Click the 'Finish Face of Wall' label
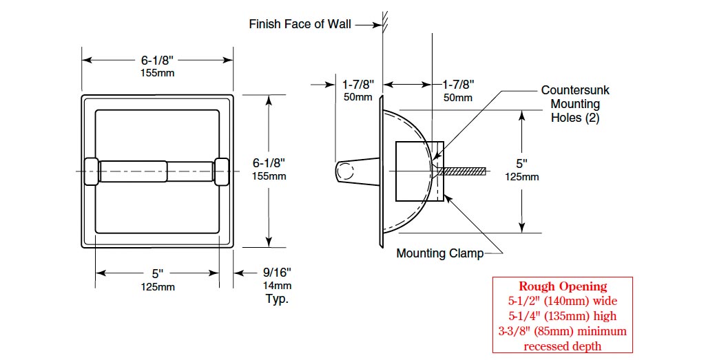point(300,24)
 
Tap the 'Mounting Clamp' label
point(439,253)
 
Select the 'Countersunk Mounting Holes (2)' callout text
point(574,104)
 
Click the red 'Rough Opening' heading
point(563,286)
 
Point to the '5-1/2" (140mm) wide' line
point(563,301)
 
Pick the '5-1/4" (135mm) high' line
point(563,316)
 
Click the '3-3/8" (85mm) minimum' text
point(563,331)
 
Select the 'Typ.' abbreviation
point(277,299)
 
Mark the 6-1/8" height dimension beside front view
point(269,163)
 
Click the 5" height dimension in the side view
point(521,164)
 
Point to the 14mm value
point(277,286)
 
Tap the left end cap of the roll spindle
point(92,171)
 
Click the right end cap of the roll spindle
point(222,171)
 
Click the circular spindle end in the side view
point(346,171)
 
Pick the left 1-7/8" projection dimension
point(358,85)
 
